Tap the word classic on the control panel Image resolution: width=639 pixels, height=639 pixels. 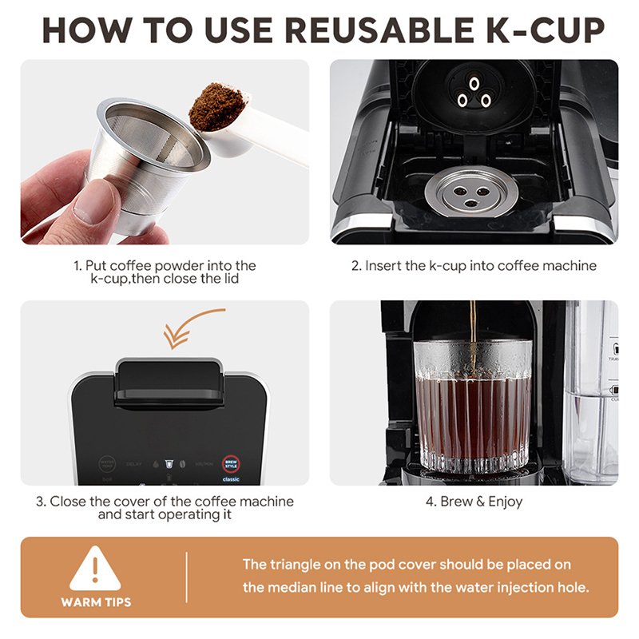[x=231, y=480]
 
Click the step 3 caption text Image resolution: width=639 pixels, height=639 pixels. [x=165, y=509]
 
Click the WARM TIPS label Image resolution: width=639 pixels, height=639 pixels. [x=96, y=601]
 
